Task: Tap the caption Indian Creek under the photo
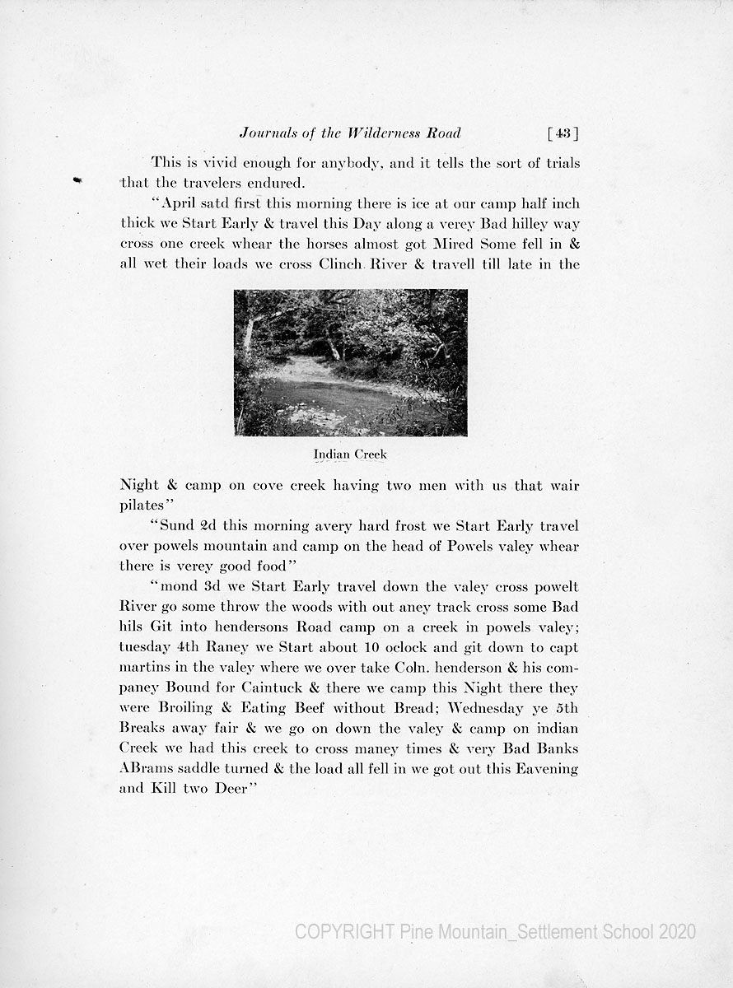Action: tap(350, 454)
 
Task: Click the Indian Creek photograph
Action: tap(350, 362)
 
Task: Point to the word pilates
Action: tap(142, 506)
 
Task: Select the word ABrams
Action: tap(143, 768)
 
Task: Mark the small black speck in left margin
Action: tap(77, 179)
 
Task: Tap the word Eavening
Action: tap(537, 768)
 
